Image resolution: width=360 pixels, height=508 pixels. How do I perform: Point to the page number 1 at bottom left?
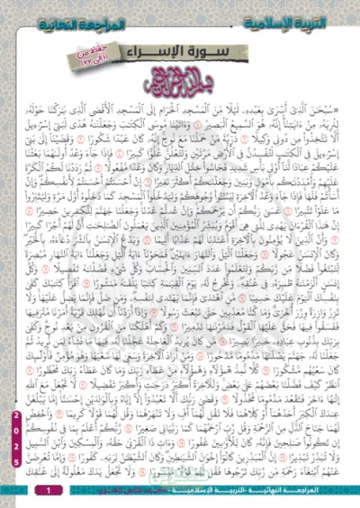tap(49, 490)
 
